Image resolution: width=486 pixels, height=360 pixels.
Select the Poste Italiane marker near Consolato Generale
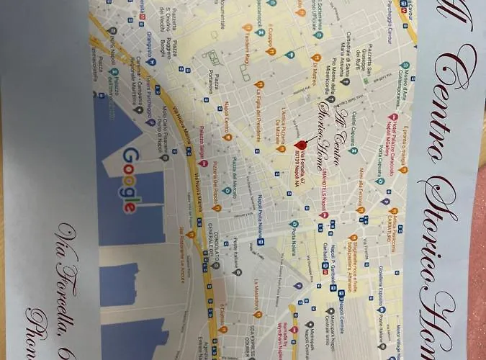tap(238, 272)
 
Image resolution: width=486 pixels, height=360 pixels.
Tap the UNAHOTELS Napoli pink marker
tap(325, 214)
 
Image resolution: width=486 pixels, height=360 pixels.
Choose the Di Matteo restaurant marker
tap(315, 58)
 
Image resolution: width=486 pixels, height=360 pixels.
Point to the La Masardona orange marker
tap(258, 315)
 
